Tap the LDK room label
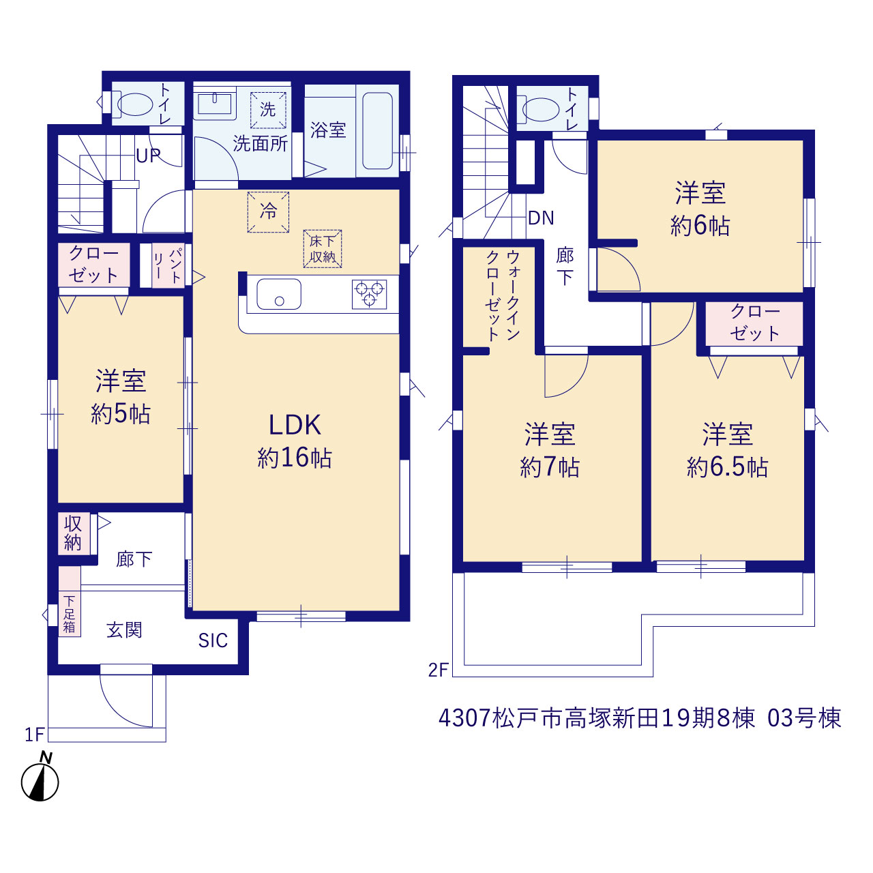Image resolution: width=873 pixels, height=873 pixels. click(x=295, y=425)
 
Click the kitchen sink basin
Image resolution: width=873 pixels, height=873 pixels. click(x=279, y=294)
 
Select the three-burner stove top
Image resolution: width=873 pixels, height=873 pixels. click(x=369, y=295)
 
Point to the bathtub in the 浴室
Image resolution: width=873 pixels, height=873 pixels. click(x=377, y=131)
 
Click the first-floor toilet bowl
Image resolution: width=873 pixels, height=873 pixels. click(x=134, y=104)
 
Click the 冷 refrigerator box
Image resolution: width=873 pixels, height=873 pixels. click(x=268, y=212)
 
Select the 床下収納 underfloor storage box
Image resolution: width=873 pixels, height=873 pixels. click(x=322, y=248)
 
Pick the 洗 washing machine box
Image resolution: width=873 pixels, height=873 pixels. click(x=268, y=110)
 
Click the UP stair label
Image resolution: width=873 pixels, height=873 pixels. click(x=148, y=156)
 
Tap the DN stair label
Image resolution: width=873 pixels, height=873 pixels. click(x=541, y=218)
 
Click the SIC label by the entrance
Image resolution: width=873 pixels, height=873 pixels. click(x=213, y=640)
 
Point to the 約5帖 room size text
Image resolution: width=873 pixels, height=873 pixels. click(x=121, y=413)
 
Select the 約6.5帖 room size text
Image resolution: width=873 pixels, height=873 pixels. click(x=727, y=467)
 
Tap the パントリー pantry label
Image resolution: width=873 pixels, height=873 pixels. click(x=168, y=265)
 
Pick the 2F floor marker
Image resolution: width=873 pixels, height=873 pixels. click(x=438, y=683)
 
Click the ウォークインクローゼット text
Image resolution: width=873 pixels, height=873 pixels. click(x=503, y=295)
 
